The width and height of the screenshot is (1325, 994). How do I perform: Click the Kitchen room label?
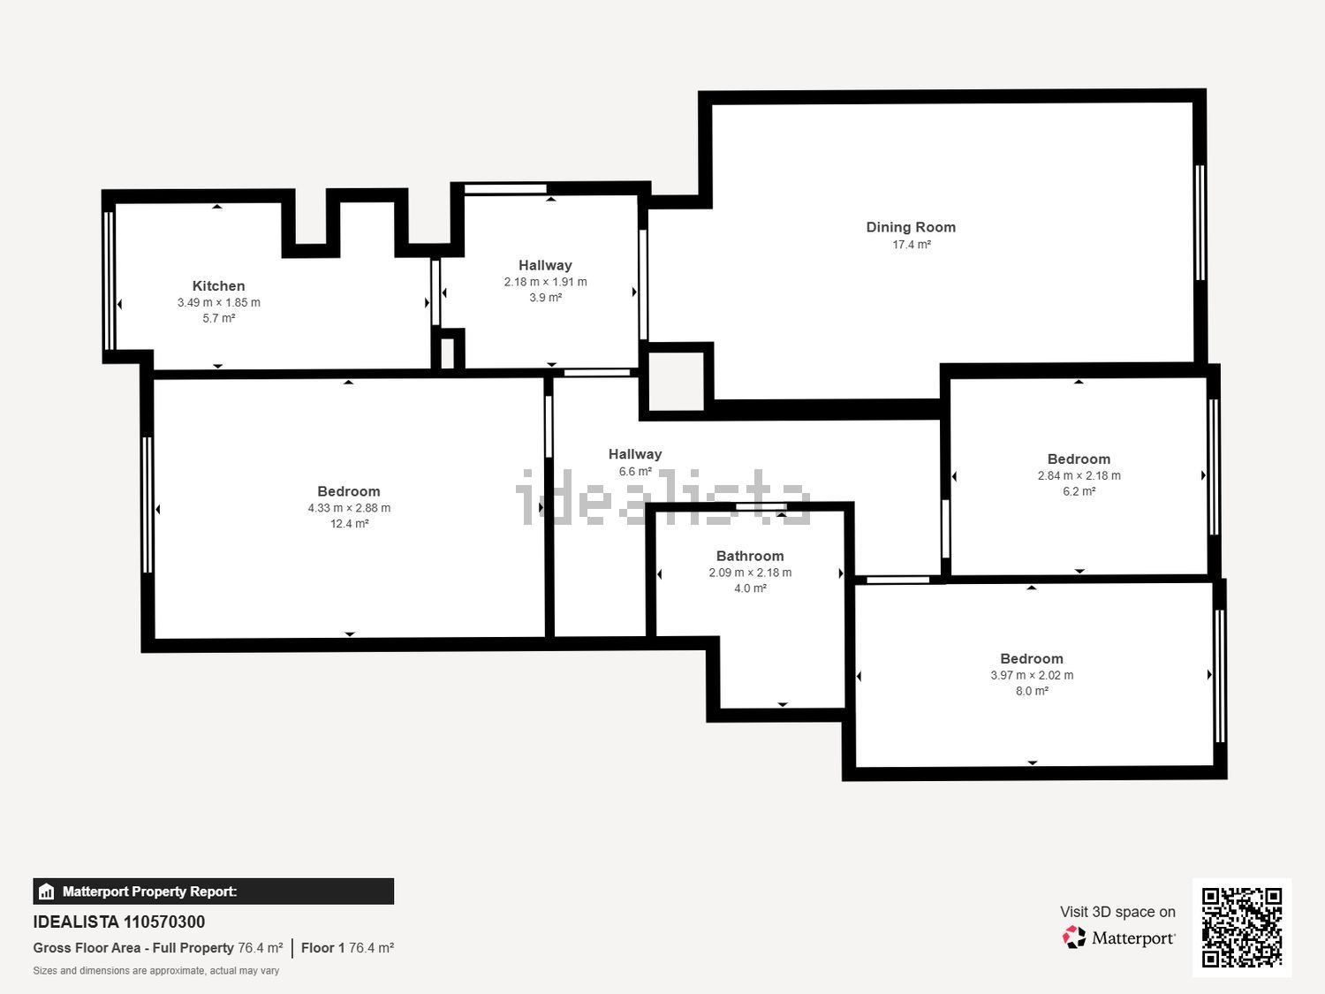point(218,285)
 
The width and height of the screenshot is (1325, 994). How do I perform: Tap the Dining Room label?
point(911,227)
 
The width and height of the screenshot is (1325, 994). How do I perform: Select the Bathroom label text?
point(750,556)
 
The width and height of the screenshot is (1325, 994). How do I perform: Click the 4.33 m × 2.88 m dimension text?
point(349,508)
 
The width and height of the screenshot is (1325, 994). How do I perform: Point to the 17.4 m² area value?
point(911,245)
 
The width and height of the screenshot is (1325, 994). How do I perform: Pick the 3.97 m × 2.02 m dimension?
point(1032,675)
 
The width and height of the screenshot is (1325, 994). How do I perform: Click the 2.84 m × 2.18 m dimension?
point(1079,475)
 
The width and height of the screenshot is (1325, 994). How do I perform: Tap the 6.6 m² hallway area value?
point(635,472)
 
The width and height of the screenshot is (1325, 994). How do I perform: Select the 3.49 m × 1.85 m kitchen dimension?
point(218,302)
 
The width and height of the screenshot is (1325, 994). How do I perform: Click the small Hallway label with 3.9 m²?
point(545,265)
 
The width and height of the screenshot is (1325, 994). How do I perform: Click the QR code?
point(1241,927)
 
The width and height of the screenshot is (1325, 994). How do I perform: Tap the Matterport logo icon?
point(1074,937)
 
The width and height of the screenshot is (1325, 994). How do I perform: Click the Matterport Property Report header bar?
point(213,892)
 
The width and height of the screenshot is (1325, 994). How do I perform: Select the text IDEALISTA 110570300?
point(119,922)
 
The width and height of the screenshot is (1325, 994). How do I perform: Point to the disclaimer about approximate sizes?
point(156,971)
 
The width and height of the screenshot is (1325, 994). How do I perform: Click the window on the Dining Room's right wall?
point(1200,223)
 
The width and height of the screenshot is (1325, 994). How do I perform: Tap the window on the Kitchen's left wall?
point(110,280)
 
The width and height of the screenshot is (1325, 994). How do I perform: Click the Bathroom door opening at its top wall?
point(761,506)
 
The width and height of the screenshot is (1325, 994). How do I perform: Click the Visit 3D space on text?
point(1117,912)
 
